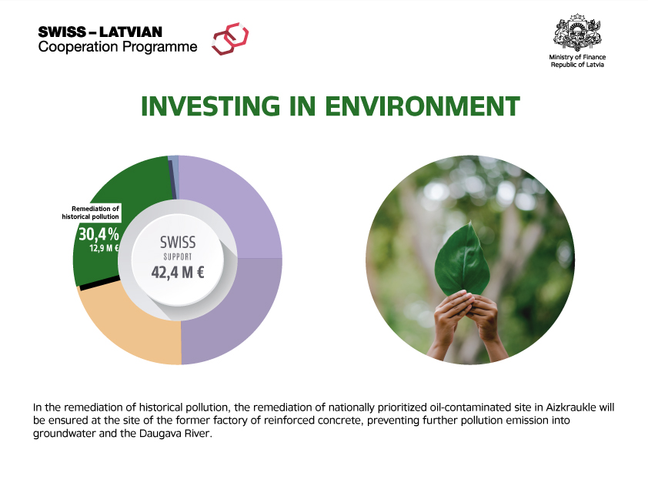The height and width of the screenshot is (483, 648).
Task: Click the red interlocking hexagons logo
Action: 230,39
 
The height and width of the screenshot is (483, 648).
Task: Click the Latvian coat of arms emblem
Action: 577,32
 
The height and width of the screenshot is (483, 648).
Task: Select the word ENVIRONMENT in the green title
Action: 423,106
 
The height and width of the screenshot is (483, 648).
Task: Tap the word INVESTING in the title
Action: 210,106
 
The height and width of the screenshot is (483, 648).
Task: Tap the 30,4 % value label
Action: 99,234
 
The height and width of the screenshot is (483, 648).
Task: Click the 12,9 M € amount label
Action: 105,248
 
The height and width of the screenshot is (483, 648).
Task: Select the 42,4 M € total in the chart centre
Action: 178,273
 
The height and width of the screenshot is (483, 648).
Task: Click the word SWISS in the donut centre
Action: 178,243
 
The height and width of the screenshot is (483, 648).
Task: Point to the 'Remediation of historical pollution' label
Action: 91,213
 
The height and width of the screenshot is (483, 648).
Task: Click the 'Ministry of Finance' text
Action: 577,57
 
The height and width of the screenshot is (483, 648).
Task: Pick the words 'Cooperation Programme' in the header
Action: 118,47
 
